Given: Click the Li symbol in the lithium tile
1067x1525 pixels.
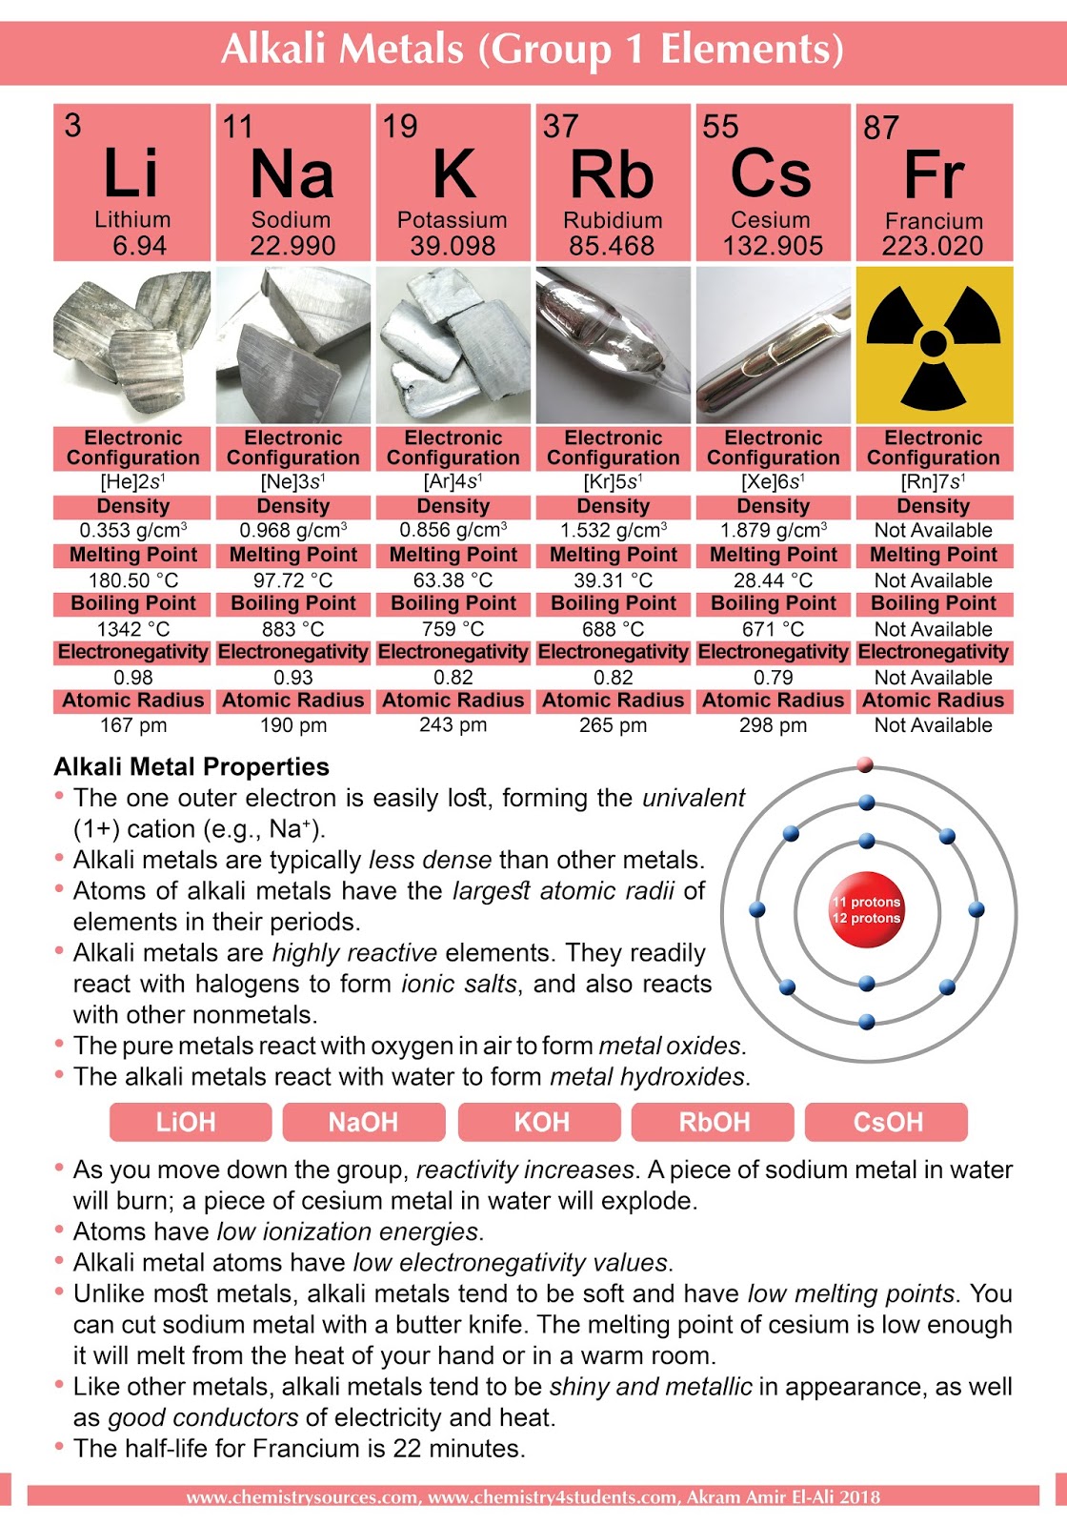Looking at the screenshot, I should click(x=131, y=173).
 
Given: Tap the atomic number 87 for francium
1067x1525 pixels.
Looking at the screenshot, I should click(x=881, y=128).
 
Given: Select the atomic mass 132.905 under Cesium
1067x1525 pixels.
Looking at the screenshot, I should click(x=773, y=246).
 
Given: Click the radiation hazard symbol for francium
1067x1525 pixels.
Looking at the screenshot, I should click(x=934, y=345).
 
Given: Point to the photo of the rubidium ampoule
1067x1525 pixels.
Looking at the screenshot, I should click(x=613, y=345).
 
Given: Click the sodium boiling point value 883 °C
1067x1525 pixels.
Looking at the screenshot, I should click(x=292, y=629).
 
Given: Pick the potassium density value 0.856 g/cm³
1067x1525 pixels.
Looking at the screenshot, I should click(x=453, y=530).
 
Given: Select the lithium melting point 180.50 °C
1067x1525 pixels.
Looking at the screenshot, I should click(x=132, y=580).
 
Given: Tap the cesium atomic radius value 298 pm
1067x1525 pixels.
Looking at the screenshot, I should click(x=773, y=725).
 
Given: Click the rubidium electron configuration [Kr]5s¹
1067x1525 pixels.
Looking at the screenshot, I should click(x=613, y=482).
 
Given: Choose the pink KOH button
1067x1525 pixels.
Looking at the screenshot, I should click(x=540, y=1122).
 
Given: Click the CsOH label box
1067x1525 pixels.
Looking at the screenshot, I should click(x=887, y=1122).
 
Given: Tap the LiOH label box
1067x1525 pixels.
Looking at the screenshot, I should click(x=186, y=1122).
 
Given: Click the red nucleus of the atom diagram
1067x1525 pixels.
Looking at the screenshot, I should click(x=866, y=910).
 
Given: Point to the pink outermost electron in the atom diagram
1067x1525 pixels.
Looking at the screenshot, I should click(x=865, y=764).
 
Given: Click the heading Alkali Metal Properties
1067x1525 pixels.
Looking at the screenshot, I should click(x=191, y=767).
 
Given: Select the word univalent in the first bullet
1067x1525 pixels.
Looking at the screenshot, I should click(x=693, y=798).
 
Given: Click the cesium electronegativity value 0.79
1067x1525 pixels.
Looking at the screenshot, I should click(x=773, y=678).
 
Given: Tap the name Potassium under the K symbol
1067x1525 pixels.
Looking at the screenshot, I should click(x=452, y=220).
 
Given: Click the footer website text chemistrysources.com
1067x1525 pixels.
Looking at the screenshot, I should click(x=302, y=1497).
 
